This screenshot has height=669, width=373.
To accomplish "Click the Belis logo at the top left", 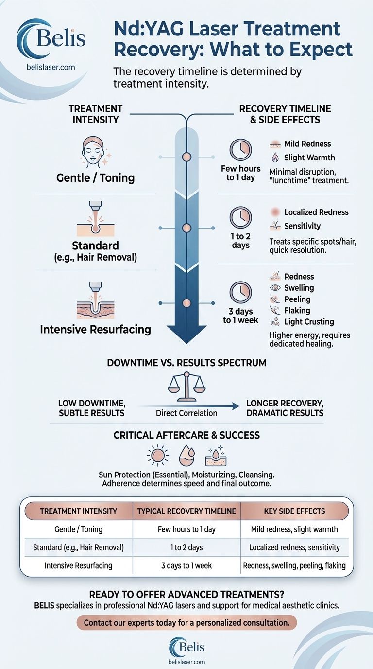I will point(51,39).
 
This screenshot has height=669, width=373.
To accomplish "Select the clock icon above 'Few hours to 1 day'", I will point(240,150).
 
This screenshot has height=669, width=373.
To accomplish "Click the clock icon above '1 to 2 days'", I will point(240,218).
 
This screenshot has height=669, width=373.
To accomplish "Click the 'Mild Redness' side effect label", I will point(307,144).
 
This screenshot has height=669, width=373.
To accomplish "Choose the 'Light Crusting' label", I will point(309,322).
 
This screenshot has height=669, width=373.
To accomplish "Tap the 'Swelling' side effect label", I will point(299,288).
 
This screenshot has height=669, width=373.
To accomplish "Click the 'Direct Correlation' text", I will point(186,413).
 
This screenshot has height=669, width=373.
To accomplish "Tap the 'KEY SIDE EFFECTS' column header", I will point(295,511).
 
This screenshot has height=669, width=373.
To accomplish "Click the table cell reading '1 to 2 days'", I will point(186,547).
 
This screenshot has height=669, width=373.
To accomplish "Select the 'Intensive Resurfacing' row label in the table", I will point(78,565).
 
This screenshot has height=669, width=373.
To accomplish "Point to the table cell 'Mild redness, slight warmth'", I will point(295,529).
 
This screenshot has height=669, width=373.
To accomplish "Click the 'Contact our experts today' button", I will point(186,623).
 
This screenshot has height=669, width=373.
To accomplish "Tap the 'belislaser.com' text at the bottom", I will point(186,662).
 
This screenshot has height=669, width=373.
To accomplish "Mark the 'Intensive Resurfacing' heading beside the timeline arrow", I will point(95,329).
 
